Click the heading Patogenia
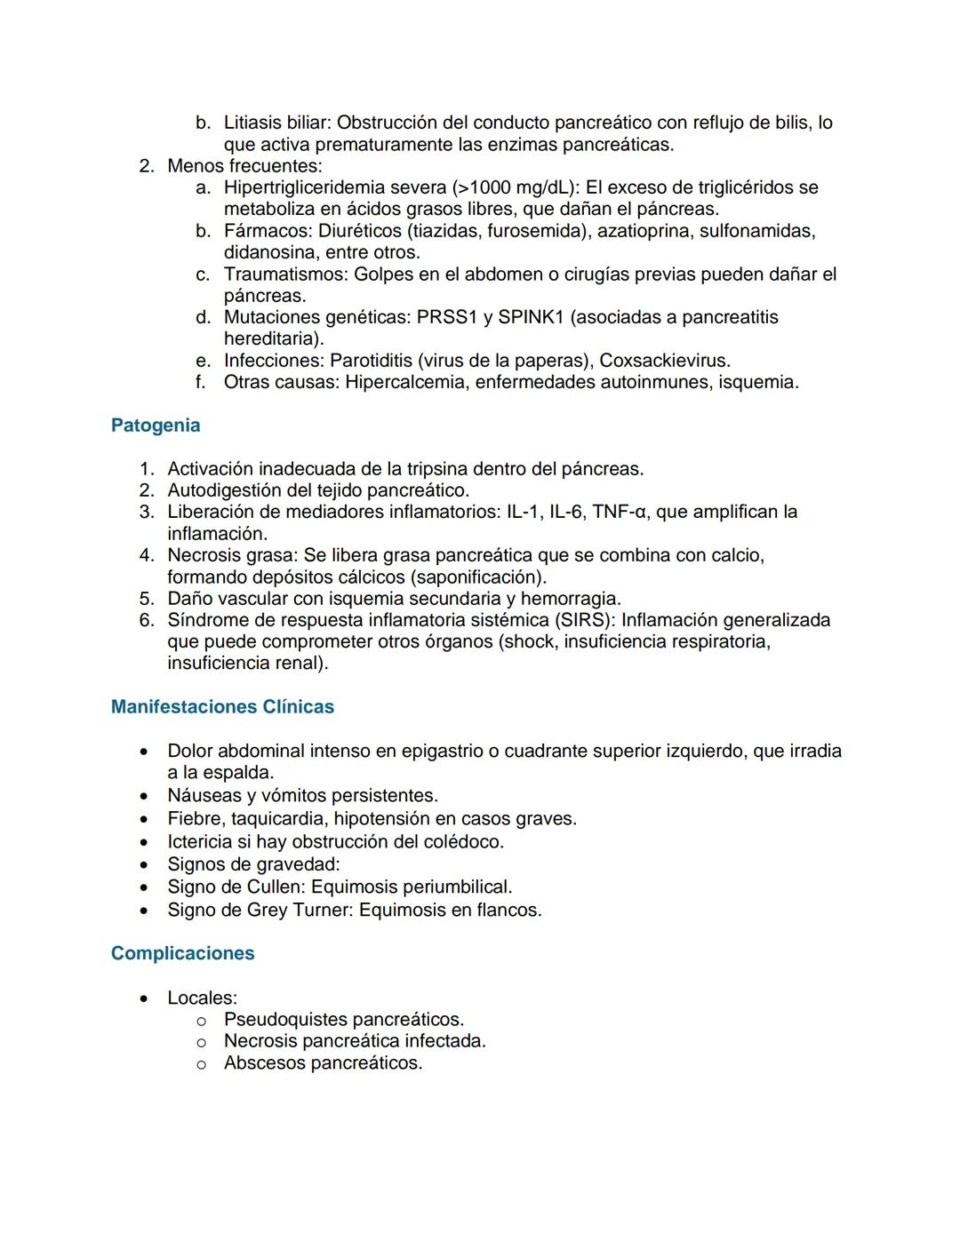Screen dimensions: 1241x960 tap(156, 426)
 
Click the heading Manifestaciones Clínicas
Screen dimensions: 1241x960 tap(222, 707)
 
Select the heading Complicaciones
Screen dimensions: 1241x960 tap(182, 953)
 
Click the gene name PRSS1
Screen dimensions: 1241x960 tap(449, 317)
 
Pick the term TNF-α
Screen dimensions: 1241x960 tap(620, 512)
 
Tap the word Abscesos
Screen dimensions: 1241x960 tap(264, 1063)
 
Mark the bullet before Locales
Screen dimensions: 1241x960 tap(144, 998)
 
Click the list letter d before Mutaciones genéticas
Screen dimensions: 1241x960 tap(203, 317)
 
